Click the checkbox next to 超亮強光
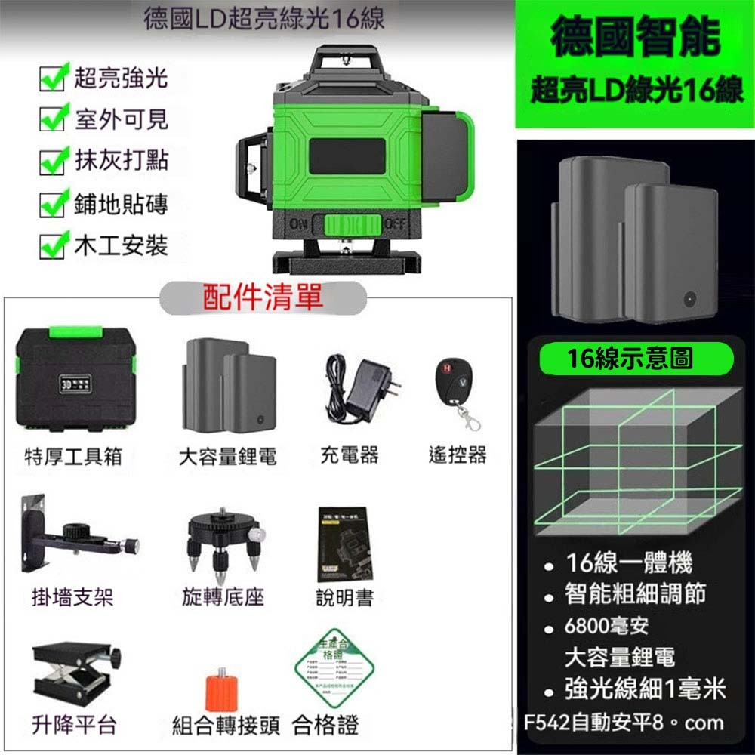pos(51,78)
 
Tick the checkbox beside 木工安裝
pos(51,246)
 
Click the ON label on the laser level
pos(300,226)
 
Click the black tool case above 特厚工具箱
pos(75,383)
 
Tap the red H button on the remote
pos(446,368)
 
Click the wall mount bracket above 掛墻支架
pos(75,535)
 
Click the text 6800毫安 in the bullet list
pos(606,626)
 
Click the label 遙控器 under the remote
pos(457,455)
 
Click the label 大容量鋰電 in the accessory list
pos(227,456)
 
